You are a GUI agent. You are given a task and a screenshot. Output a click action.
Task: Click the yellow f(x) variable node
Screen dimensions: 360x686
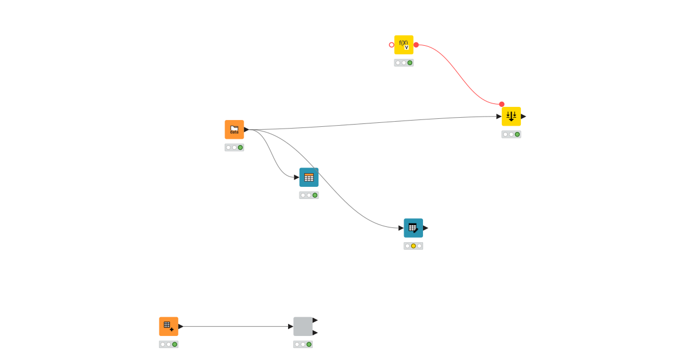[x=404, y=45]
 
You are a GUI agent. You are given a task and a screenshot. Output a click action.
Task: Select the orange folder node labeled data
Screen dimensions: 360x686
[x=234, y=130]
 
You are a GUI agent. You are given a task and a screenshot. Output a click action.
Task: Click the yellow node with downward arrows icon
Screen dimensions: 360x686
[x=511, y=117]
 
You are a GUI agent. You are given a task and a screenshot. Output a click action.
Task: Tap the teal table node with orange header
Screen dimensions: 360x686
[x=309, y=177]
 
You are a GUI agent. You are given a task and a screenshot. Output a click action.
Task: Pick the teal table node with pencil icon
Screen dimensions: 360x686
[x=413, y=228]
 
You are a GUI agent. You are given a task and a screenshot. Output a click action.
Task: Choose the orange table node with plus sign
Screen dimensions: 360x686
[x=169, y=326]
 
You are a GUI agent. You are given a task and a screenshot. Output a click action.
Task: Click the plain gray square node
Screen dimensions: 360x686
[x=303, y=326]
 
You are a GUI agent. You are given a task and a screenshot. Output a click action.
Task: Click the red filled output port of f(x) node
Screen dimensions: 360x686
[x=416, y=45]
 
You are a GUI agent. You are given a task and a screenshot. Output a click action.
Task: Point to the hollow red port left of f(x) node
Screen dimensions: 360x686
[x=392, y=45]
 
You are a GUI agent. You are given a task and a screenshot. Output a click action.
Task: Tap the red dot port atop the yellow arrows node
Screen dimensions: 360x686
[x=502, y=104]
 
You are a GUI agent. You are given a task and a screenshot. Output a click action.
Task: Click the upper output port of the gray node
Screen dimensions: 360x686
[x=315, y=321]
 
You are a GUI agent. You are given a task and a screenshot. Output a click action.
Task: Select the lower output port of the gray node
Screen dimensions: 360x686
[x=315, y=333]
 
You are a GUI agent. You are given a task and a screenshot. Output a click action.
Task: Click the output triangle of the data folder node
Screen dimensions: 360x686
[x=246, y=130]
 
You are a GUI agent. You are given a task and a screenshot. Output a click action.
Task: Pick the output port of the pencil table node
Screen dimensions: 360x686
[x=425, y=228]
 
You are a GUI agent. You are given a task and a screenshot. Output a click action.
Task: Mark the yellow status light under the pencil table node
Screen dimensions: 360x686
[x=413, y=246]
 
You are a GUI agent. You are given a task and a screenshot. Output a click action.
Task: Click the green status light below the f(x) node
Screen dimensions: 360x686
[x=410, y=63]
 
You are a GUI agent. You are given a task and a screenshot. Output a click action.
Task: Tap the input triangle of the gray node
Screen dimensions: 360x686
[x=290, y=326]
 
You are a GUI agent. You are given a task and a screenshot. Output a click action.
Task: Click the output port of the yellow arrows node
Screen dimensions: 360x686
[x=523, y=117]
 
